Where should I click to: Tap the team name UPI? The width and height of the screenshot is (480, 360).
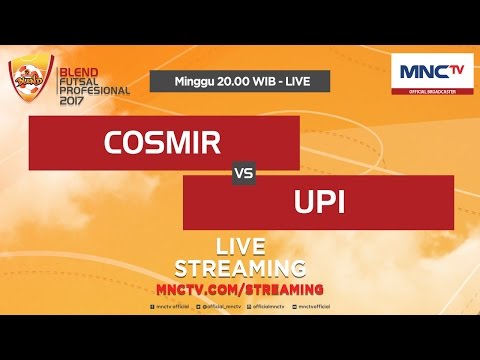(321, 203)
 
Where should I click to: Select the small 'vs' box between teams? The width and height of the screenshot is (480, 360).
(241, 173)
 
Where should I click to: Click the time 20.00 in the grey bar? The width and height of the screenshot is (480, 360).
(235, 80)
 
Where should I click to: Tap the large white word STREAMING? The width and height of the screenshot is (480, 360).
(240, 268)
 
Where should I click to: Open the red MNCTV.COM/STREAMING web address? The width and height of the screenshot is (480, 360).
(240, 289)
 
